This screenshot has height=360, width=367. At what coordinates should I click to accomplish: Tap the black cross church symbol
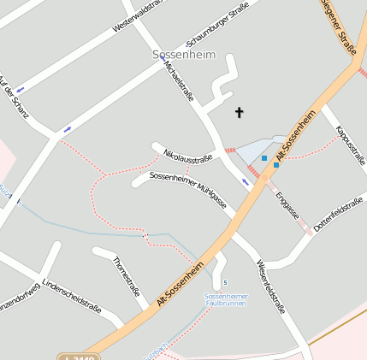240,111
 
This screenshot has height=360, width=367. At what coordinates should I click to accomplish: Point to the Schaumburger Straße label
217,32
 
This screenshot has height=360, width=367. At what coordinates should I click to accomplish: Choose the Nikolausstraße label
187,156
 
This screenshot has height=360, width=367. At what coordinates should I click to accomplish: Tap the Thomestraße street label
126,275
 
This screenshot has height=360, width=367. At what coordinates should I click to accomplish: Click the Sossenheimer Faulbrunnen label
225,300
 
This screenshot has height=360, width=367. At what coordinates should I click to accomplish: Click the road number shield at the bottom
78,357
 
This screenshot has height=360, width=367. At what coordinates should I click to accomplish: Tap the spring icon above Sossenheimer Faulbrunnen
225,282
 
